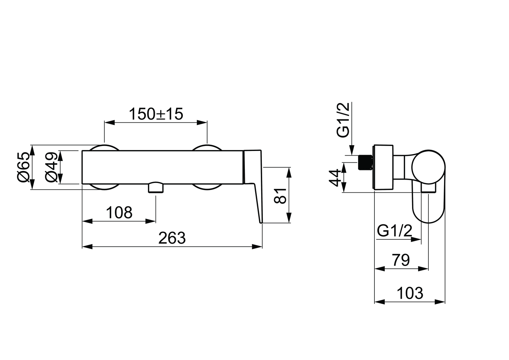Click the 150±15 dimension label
click(156, 114)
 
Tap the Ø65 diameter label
click(23, 167)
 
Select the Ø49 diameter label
click(51, 167)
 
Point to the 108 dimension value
click(119, 213)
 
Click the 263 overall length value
click(172, 238)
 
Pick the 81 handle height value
click(280, 196)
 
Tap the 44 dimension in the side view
click(335, 178)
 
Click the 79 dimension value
click(401, 260)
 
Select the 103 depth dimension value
click(410, 293)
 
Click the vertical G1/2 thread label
click(343, 120)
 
